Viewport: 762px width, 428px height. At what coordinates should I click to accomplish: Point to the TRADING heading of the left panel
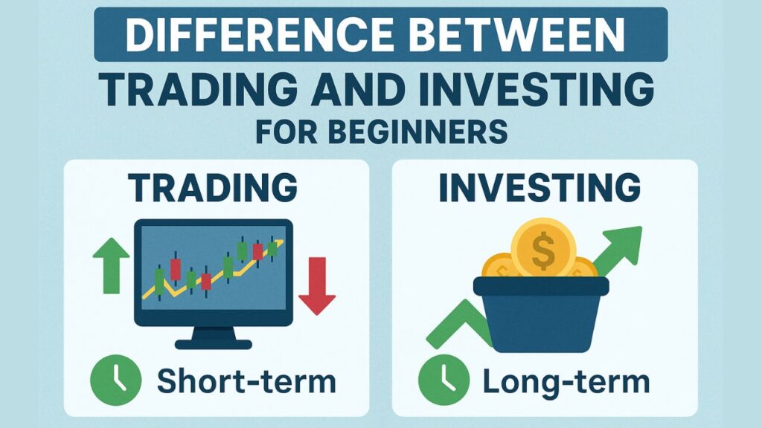[x=213, y=187]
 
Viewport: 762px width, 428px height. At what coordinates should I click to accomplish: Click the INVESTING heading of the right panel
[x=540, y=187]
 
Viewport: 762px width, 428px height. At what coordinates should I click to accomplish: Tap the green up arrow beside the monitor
[x=112, y=265]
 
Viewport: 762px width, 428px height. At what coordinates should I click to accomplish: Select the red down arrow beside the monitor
[x=317, y=286]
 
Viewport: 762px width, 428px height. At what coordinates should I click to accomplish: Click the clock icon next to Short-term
[x=115, y=380]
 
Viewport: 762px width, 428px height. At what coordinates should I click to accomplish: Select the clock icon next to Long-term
[x=444, y=380]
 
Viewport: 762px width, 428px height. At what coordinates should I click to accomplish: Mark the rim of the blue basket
[x=541, y=286]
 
